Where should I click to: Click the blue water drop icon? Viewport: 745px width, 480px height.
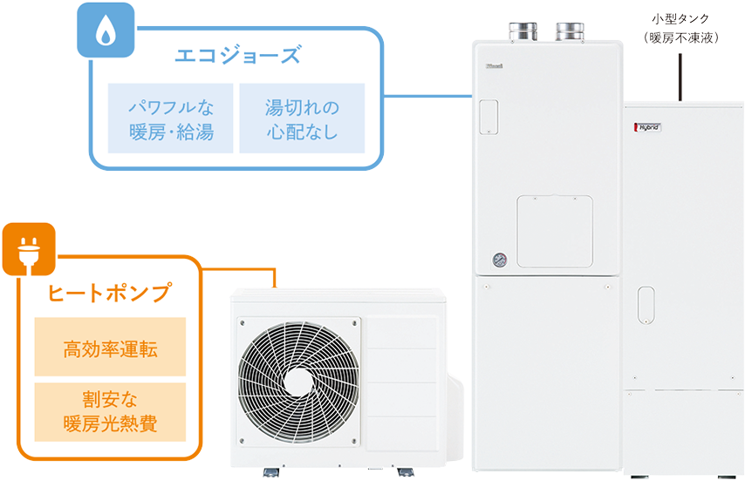(104, 29)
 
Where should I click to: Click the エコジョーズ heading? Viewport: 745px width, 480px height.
(237, 57)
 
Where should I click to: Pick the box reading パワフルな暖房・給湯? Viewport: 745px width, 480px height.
(171, 119)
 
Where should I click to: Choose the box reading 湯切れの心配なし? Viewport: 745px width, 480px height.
(302, 119)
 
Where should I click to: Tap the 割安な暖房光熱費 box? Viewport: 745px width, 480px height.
(110, 414)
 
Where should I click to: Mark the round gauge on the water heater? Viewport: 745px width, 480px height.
(500, 259)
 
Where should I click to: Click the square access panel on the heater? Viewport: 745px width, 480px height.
(554, 231)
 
